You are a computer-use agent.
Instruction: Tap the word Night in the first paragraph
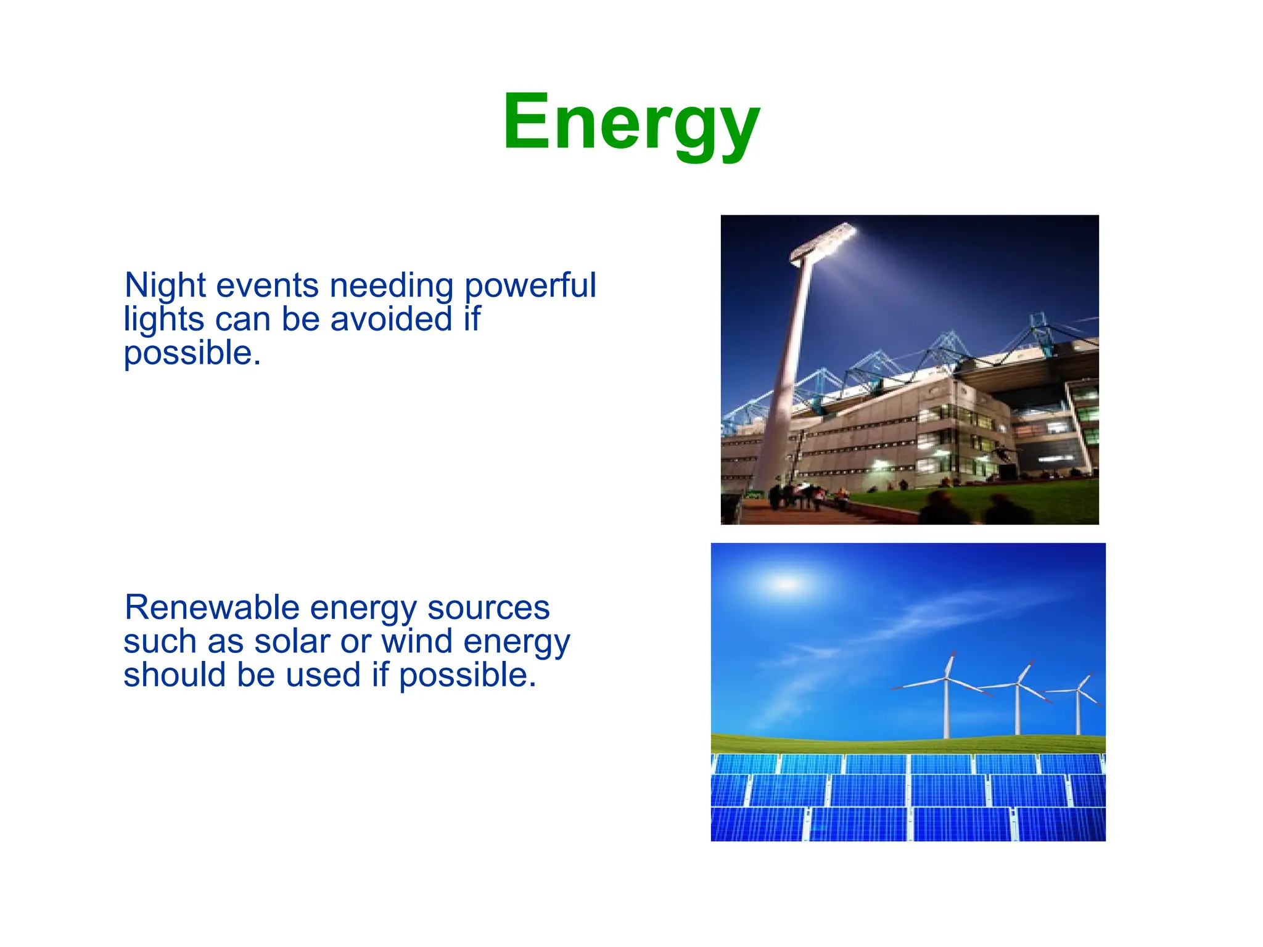(165, 285)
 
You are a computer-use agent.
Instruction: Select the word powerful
(530, 287)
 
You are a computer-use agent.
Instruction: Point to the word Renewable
(212, 608)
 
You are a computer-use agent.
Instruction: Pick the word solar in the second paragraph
(292, 641)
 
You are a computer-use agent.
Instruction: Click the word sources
(488, 608)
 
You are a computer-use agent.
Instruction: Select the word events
(268, 285)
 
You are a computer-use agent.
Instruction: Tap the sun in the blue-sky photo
(788, 583)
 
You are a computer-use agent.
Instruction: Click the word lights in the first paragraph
(163, 319)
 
